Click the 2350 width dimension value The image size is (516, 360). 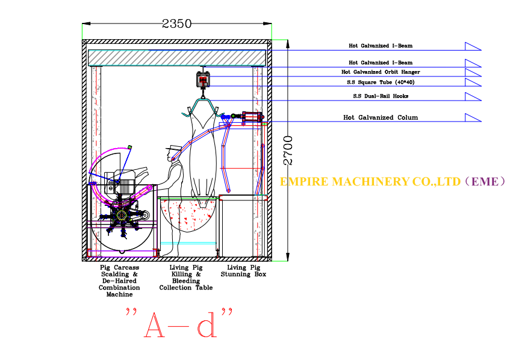click(177, 23)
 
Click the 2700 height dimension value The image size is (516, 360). click(288, 151)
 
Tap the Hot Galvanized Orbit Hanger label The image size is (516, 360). click(381, 72)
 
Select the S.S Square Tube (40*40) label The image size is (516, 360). click(381, 82)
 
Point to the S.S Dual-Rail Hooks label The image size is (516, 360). click(381, 96)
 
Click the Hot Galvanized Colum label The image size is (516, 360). click(381, 117)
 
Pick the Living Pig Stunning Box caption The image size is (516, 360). click(243, 271)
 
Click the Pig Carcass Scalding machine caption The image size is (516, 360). click(119, 281)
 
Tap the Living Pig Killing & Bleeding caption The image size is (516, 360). click(186, 278)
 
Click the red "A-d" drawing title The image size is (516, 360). click(179, 323)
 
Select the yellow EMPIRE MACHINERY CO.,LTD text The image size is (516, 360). click(370, 182)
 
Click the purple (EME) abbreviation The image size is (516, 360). click(485, 182)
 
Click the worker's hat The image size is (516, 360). click(173, 147)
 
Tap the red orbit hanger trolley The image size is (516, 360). click(203, 79)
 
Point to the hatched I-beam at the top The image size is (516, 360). click(177, 58)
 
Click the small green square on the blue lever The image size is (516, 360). click(129, 147)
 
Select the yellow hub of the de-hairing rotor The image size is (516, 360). click(122, 216)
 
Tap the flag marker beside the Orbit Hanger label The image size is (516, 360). click(473, 73)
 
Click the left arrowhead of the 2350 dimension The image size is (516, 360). click(86, 23)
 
